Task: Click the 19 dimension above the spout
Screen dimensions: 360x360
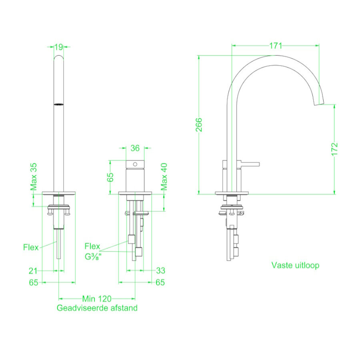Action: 58,47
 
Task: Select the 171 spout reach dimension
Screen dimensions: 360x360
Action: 275,46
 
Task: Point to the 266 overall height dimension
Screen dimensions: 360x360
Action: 199,125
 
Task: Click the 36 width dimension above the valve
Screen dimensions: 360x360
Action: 135,148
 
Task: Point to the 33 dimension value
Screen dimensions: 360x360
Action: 160,271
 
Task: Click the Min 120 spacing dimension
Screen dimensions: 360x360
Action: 97,298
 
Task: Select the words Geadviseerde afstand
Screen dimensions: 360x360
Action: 97,308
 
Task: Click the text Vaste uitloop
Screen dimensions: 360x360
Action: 296,265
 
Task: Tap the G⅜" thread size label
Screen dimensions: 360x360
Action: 93,257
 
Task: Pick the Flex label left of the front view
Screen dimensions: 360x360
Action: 31,247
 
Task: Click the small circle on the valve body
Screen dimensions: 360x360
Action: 135,164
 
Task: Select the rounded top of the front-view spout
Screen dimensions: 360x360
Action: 58,58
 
